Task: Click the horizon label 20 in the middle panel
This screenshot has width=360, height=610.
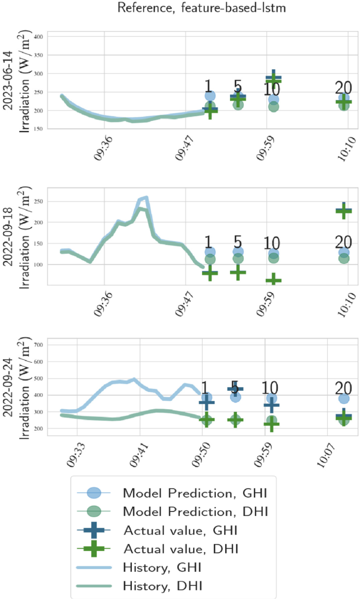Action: pyautogui.click(x=343, y=242)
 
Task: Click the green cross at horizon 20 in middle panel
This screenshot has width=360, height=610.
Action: pyautogui.click(x=343, y=210)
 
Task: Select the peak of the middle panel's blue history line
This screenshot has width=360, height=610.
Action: pyautogui.click(x=146, y=197)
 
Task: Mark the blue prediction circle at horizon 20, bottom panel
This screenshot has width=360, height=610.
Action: pyautogui.click(x=344, y=399)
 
